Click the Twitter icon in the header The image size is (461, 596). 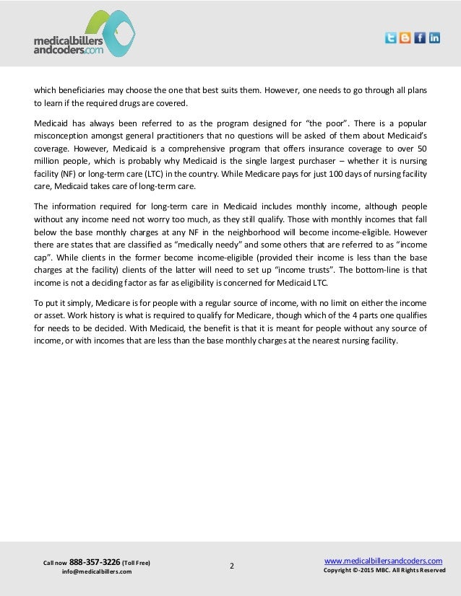pos(390,38)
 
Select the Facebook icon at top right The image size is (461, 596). pos(420,38)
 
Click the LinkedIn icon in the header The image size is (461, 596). pos(434,38)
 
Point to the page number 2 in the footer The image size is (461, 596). pos(231,566)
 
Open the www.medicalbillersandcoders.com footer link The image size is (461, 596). pos(383,560)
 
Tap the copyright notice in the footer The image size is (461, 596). pos(384,571)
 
